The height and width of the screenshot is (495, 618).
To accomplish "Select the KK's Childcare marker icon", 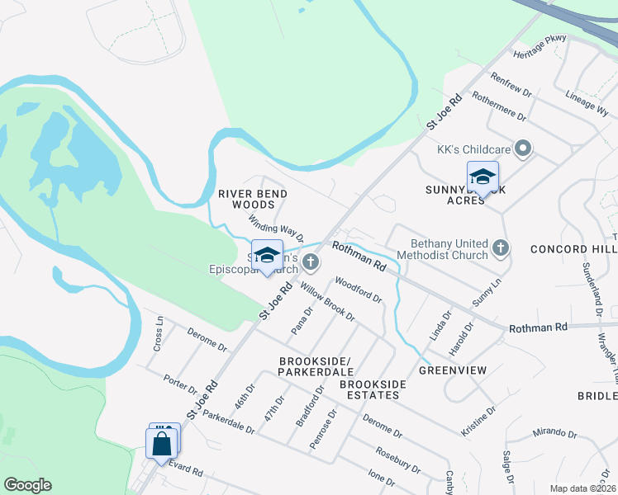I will pyautogui.click(x=521, y=149).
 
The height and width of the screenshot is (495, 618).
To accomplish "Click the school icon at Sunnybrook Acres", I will pyautogui.click(x=483, y=177).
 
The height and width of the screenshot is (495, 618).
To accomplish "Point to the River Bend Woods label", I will pyautogui.click(x=252, y=199).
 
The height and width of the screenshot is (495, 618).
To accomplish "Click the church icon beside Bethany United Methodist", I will pyautogui.click(x=499, y=247).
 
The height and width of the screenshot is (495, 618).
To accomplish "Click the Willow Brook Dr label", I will pyautogui.click(x=327, y=302).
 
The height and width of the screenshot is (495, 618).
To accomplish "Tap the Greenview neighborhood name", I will pyautogui.click(x=451, y=370).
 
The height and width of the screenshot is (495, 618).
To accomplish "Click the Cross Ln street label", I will pyautogui.click(x=157, y=334).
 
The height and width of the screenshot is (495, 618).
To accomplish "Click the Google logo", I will pyautogui.click(x=27, y=485).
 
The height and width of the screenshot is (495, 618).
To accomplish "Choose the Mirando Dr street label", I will pyautogui.click(x=554, y=432).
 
